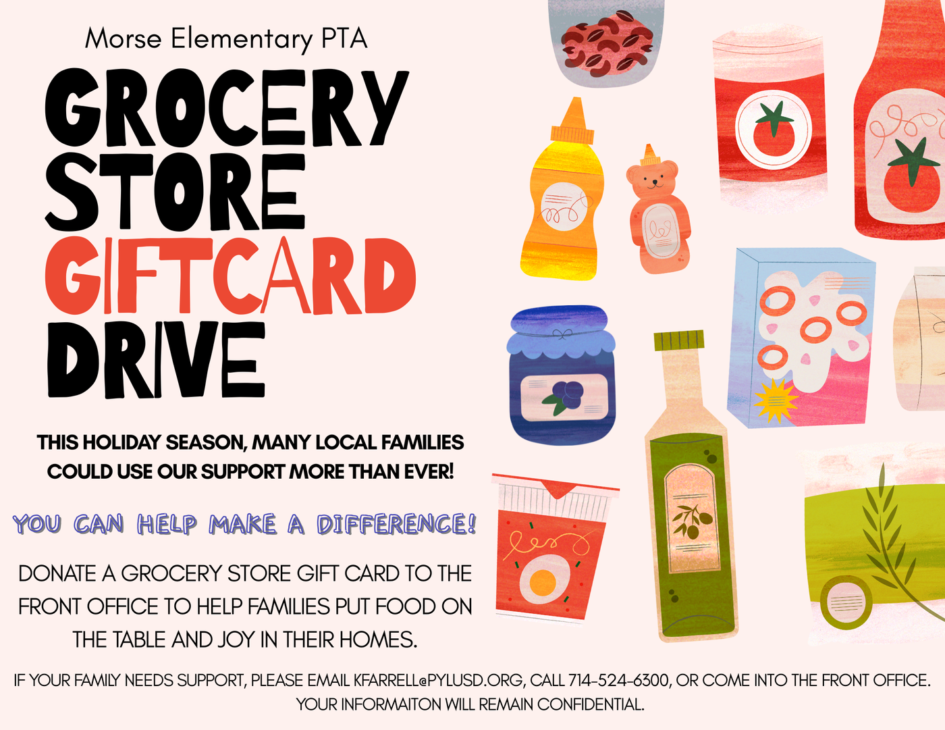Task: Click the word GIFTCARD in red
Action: (230, 275)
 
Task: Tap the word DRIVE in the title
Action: (156, 359)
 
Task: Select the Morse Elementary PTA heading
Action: (226, 39)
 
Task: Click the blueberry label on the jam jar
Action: (564, 398)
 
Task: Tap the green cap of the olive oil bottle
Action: (679, 340)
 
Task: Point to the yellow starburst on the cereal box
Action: (774, 400)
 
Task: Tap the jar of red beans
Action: (605, 41)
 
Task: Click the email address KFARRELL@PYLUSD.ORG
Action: (438, 680)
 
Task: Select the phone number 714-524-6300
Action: (618, 680)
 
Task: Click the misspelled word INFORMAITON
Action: (391, 704)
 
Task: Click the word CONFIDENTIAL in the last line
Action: (590, 704)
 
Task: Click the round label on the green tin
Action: (846, 603)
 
